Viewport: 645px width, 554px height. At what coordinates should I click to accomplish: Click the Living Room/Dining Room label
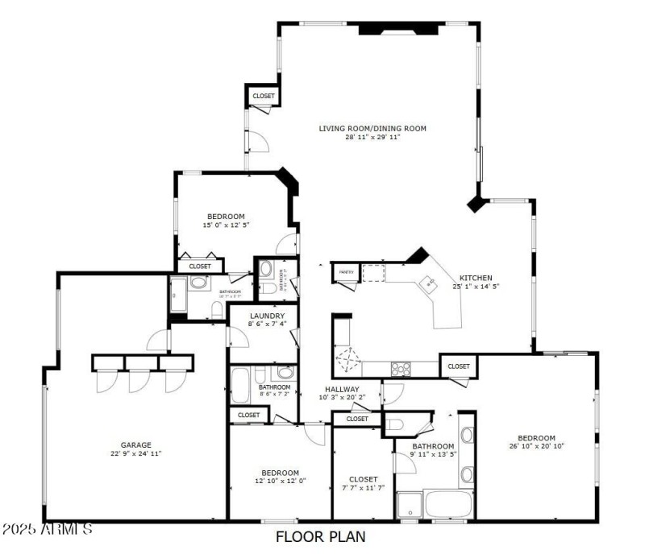point(372,128)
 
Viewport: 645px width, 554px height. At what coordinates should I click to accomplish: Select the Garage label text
point(136,444)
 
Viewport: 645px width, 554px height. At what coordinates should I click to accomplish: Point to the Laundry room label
point(268,315)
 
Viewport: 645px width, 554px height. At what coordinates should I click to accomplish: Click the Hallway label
point(342,389)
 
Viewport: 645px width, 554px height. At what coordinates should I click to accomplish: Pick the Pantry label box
point(347,273)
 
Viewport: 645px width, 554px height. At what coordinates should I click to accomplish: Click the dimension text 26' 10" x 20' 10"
point(536,446)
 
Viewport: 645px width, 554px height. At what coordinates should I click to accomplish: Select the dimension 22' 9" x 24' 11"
point(136,453)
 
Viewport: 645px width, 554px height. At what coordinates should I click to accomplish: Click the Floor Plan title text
point(321,535)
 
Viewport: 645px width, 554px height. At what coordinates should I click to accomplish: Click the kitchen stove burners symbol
point(401,369)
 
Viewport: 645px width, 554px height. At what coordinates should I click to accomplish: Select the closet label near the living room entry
point(264,97)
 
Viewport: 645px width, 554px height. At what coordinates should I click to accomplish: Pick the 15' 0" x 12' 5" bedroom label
point(226,216)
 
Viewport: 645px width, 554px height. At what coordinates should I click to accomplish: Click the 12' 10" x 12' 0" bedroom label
point(280,473)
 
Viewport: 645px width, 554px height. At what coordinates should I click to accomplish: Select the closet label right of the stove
point(459,366)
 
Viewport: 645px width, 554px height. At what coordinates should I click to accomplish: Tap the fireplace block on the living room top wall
point(398,29)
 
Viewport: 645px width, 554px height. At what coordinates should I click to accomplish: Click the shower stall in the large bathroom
point(410,505)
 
